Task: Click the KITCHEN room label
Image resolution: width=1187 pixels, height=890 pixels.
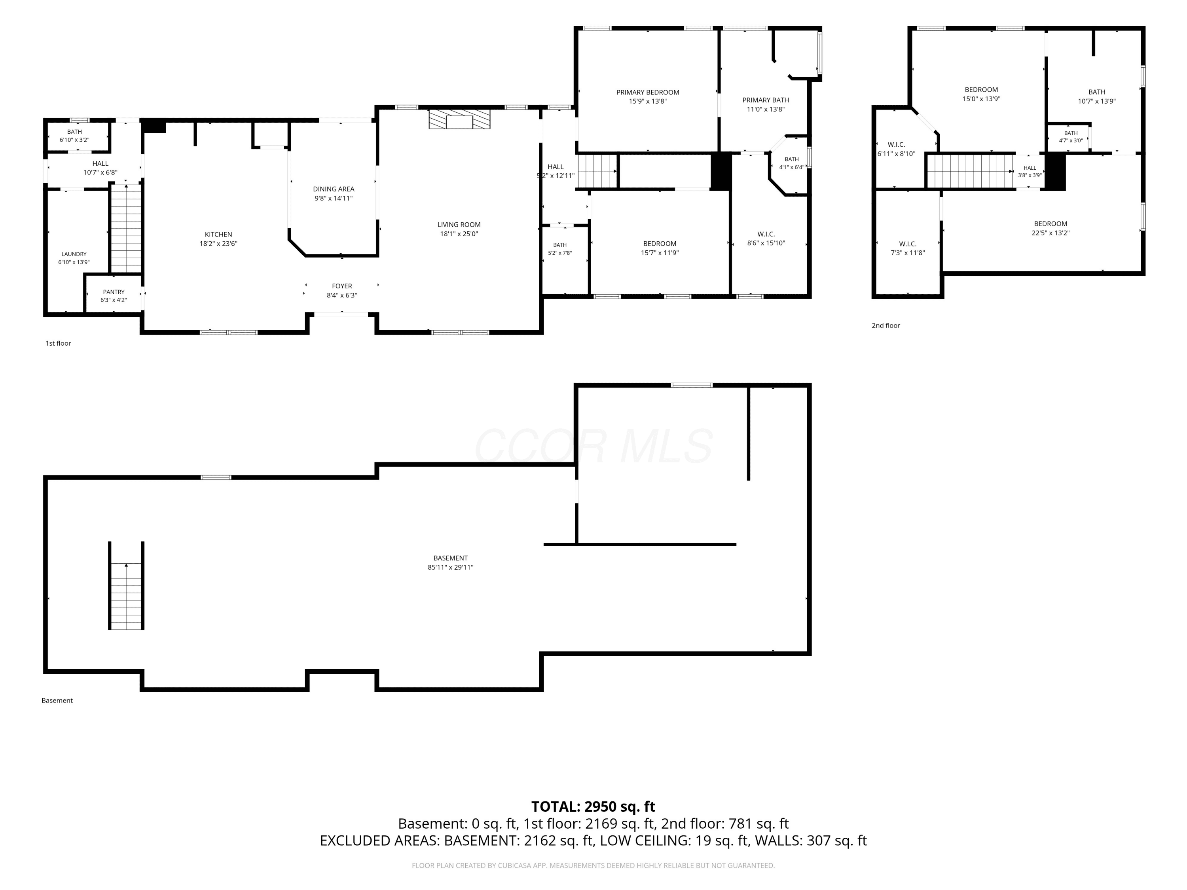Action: click(218, 235)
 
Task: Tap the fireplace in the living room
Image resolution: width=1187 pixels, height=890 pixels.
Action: click(459, 119)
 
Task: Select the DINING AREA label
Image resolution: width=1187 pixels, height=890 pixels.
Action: click(334, 189)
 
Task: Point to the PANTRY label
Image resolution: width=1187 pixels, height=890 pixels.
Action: click(114, 292)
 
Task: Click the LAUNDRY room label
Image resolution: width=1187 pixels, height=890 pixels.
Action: click(74, 254)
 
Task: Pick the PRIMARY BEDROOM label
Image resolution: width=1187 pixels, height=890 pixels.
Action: click(648, 92)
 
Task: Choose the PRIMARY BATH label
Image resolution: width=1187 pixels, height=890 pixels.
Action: click(766, 100)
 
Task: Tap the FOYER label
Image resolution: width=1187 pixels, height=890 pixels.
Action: click(342, 286)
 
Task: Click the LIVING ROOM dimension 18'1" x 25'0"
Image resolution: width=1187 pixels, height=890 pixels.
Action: click(459, 234)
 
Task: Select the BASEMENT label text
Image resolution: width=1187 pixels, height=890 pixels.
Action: click(451, 558)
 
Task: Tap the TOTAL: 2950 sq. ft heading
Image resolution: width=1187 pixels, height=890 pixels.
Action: click(593, 807)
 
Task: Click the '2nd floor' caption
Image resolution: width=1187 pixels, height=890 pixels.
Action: click(886, 326)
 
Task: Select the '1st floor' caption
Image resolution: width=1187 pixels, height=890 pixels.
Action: click(58, 343)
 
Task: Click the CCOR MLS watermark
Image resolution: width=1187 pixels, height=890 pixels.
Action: click(593, 446)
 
